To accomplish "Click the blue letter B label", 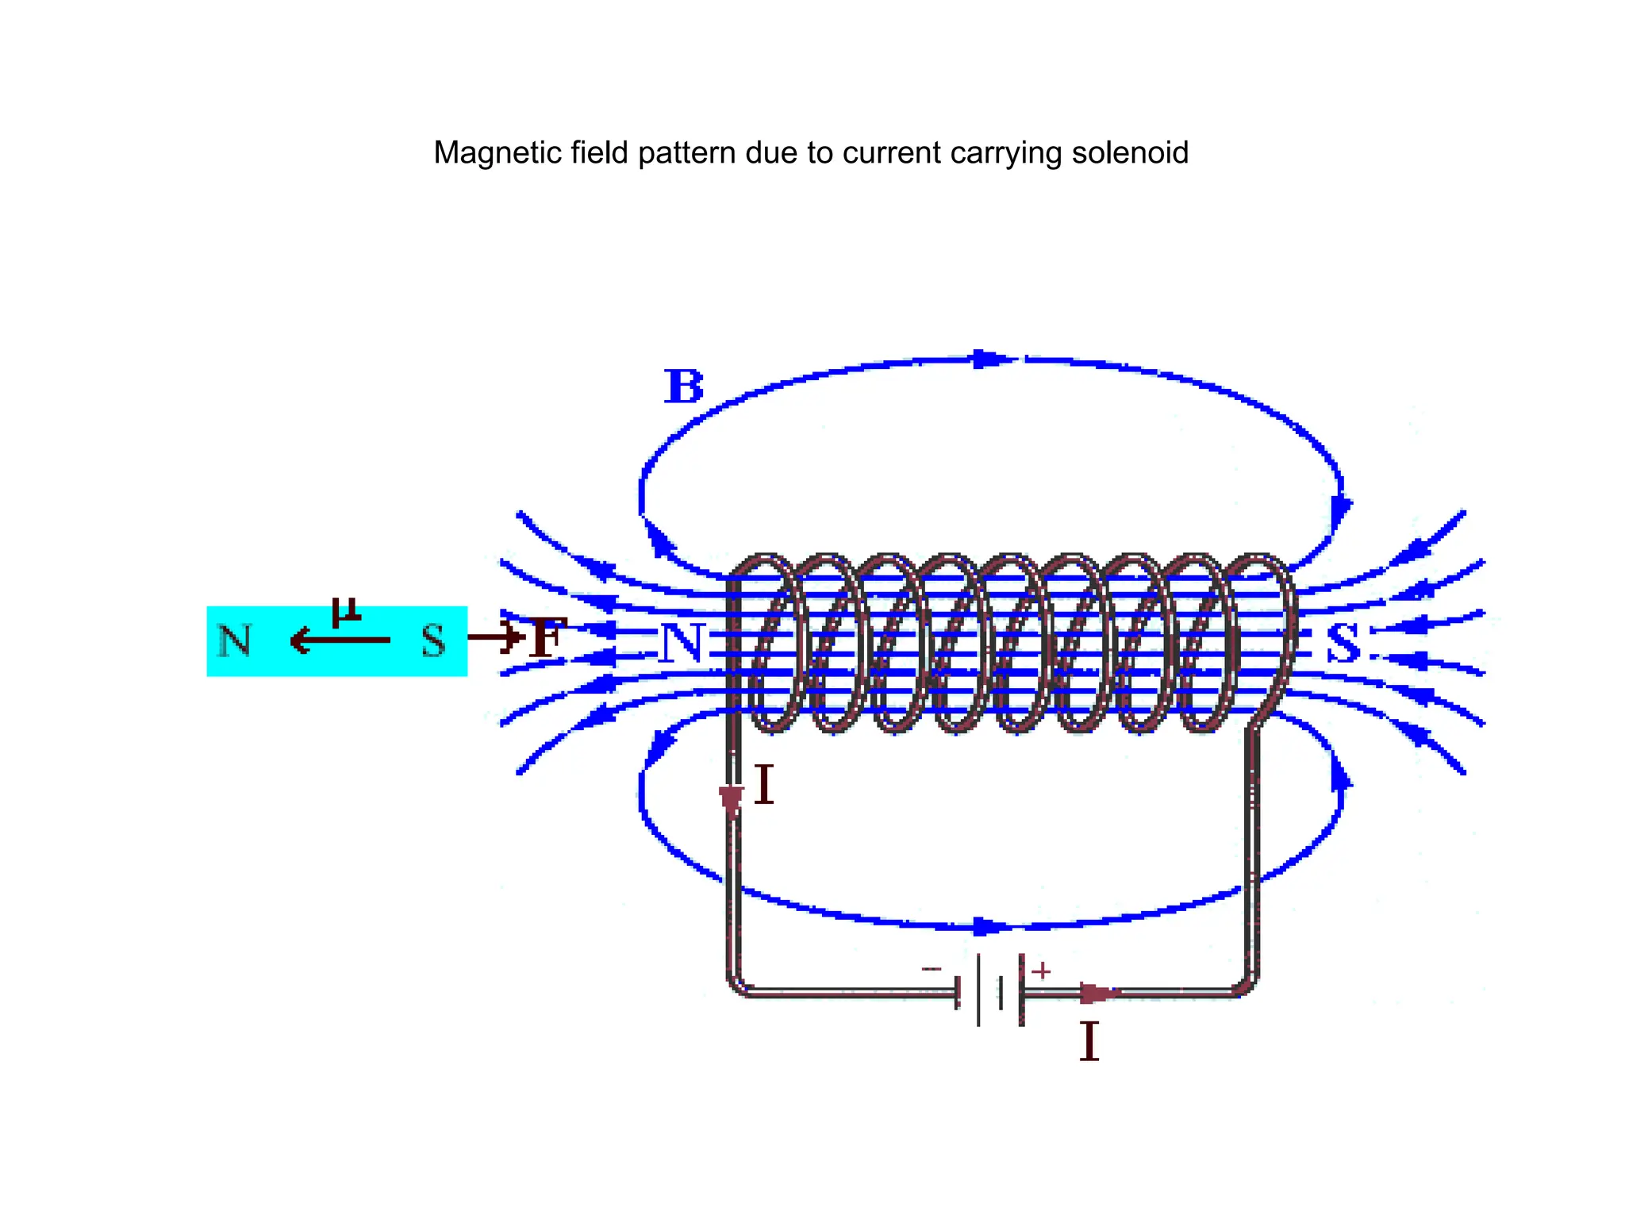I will tap(683, 387).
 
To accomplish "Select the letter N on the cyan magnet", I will tap(234, 640).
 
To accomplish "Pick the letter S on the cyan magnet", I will tap(433, 640).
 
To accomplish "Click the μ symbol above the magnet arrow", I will tap(347, 612).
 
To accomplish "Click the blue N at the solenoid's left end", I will tap(681, 644).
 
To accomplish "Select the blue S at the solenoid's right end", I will tap(1344, 644).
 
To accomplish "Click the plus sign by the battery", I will tap(1041, 970).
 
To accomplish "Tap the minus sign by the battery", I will tap(932, 968).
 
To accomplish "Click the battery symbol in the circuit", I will tap(990, 990).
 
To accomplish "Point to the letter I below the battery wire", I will tap(1089, 1041).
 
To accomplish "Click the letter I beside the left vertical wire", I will tap(763, 785).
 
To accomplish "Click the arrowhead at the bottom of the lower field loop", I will tap(989, 926).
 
